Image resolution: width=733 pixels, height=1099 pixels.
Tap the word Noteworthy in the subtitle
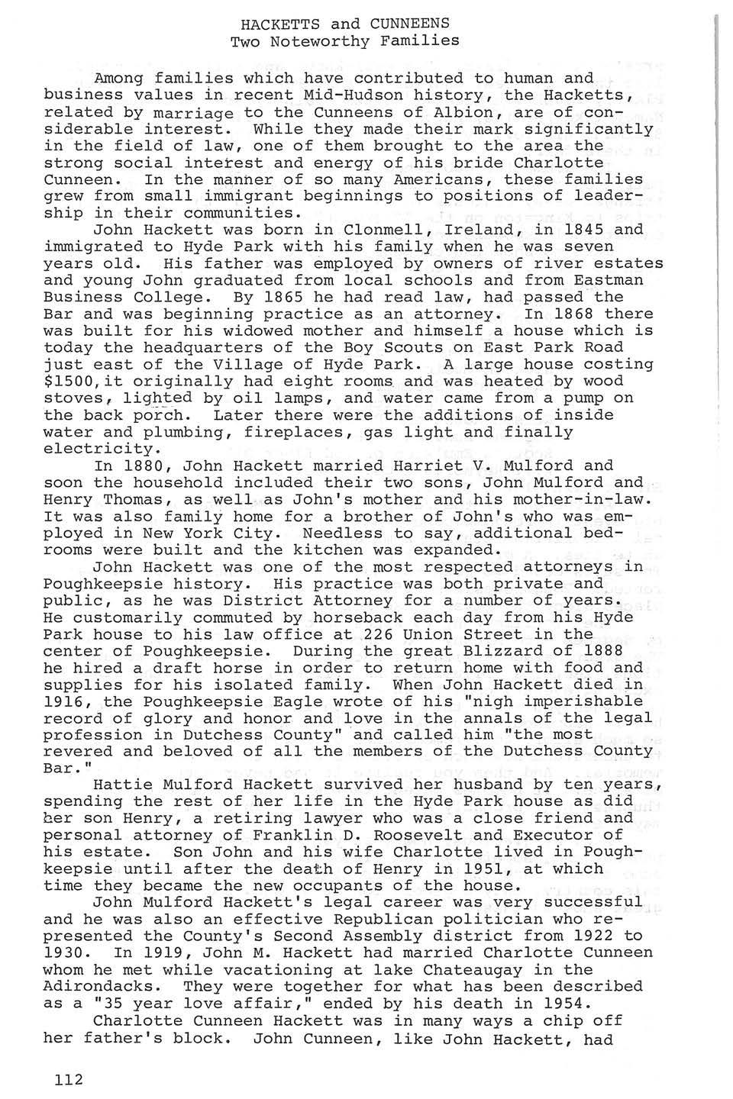tap(333, 41)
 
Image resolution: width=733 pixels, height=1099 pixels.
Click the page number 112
tap(68, 1079)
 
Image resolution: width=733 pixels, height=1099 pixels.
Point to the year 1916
tap(64, 701)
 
